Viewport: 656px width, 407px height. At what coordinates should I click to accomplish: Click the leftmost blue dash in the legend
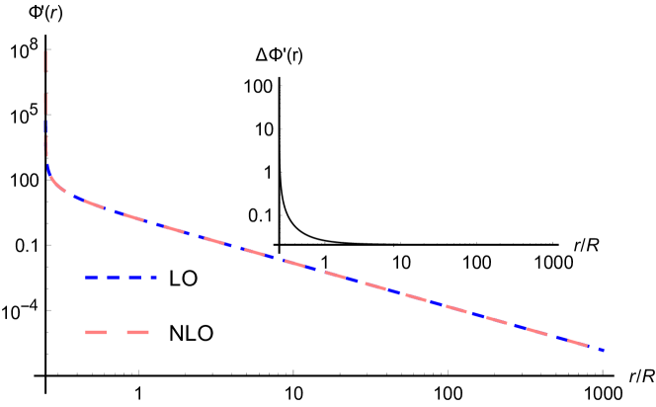click(x=91, y=278)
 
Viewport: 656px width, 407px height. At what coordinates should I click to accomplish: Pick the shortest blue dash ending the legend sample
click(x=153, y=278)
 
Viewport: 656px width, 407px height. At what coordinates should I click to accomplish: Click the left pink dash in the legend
click(x=96, y=332)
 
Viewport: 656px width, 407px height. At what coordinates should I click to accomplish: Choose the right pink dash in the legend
click(x=137, y=332)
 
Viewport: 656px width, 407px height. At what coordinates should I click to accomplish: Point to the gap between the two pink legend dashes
click(x=117, y=332)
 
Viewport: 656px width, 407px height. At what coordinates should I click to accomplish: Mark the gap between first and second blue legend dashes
click(x=102, y=278)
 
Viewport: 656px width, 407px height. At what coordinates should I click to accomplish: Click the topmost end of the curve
click(x=45, y=51)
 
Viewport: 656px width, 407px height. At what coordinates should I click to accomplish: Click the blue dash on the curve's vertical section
click(x=45, y=127)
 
